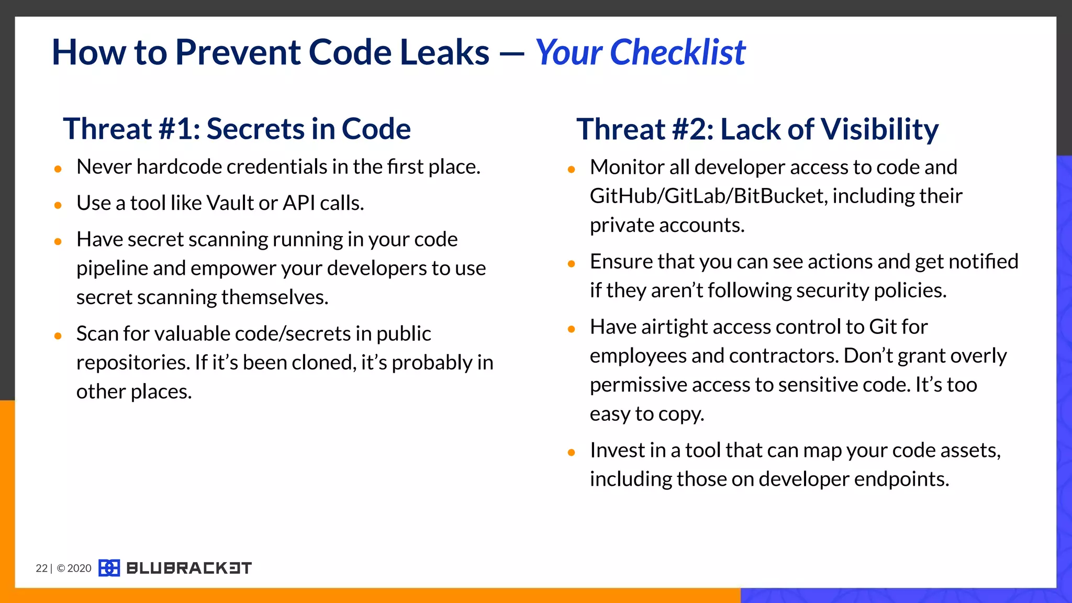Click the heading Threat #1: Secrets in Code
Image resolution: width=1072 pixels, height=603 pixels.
(x=237, y=129)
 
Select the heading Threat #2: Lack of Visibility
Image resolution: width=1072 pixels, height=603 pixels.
(x=757, y=129)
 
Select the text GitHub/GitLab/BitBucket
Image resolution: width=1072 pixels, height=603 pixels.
(x=708, y=196)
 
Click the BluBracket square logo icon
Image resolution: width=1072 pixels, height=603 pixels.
(x=109, y=568)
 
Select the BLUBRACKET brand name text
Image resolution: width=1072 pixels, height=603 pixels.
(x=189, y=568)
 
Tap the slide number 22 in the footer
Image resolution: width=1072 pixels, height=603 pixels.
(x=41, y=568)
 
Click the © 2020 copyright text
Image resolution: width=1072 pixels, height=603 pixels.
(x=74, y=568)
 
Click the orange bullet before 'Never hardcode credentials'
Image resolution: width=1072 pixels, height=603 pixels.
(x=58, y=169)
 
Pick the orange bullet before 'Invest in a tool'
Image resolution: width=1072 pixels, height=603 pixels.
(x=572, y=452)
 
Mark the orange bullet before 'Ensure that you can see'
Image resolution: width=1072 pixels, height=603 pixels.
(x=572, y=264)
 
